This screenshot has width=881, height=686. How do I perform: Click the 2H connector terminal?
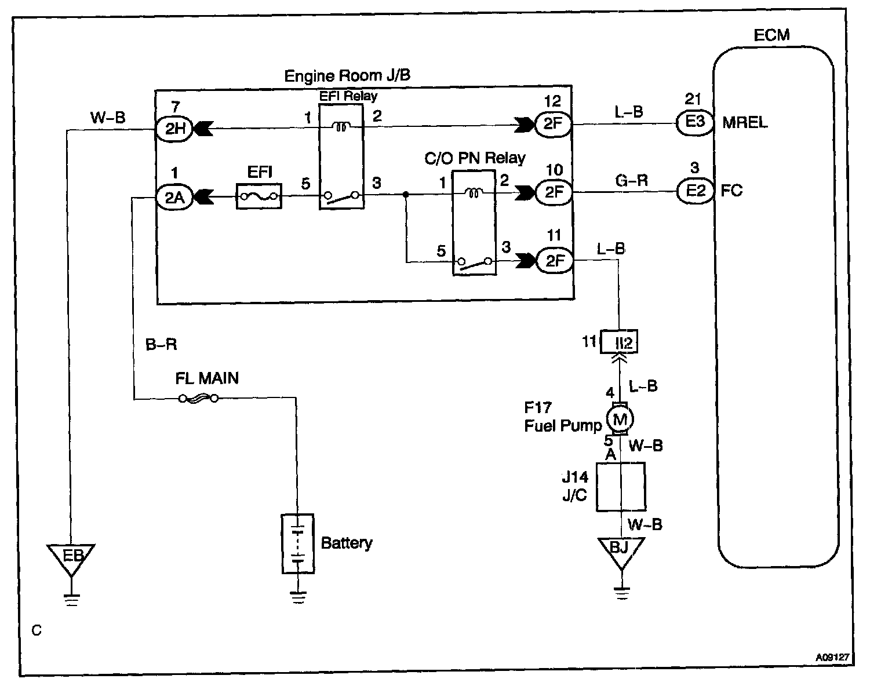(x=174, y=129)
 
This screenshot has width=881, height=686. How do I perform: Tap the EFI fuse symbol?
(x=258, y=197)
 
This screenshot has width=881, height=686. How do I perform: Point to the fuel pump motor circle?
(x=620, y=418)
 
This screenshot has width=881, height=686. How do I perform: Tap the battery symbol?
(x=298, y=543)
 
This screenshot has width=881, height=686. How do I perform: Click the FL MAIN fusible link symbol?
(x=198, y=399)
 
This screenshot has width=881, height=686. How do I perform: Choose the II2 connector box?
(x=620, y=342)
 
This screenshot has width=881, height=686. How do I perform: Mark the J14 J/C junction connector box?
(x=620, y=487)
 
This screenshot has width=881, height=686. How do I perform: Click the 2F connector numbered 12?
(x=555, y=124)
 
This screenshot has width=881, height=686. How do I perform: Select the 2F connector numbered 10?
(x=555, y=192)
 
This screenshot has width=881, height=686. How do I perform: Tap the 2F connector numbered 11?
(x=555, y=261)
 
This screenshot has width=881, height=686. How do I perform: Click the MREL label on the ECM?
(x=745, y=123)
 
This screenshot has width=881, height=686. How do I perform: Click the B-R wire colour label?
(x=161, y=345)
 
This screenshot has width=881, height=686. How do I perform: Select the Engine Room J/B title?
(x=348, y=76)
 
